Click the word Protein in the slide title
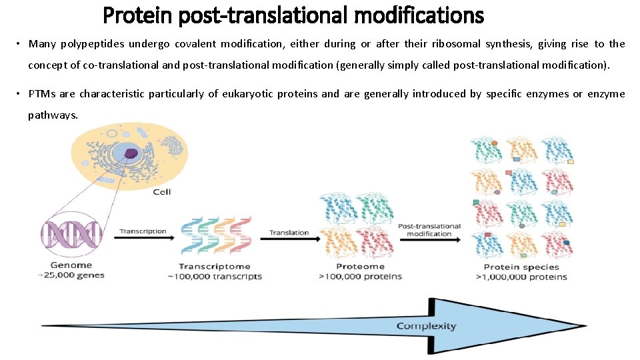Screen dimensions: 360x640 tap(137, 14)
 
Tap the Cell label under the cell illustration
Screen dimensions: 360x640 tap(162, 192)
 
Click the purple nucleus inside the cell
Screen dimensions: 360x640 tap(131, 153)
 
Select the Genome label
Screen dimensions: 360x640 tap(71, 265)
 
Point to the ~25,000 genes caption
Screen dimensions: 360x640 tap(71, 275)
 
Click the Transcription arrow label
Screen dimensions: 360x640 tap(143, 231)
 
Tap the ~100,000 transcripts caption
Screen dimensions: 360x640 tap(219, 277)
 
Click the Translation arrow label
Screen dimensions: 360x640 tap(289, 233)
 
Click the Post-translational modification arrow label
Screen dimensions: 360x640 tap(429, 230)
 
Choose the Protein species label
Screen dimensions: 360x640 tap(521, 267)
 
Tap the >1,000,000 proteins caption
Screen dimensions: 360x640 tap(521, 277)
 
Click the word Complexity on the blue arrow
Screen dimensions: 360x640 tap(426, 326)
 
